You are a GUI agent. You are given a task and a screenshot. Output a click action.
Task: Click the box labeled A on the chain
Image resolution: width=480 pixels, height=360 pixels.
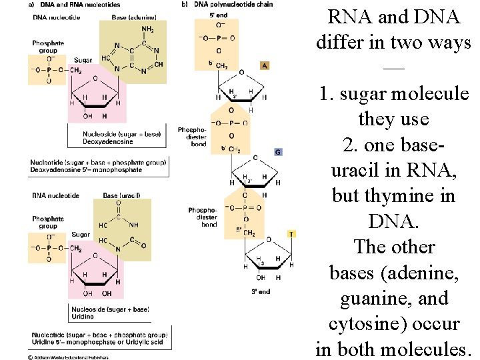[x=265, y=65]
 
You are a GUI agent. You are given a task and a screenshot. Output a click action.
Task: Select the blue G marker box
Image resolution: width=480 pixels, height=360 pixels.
[x=278, y=152]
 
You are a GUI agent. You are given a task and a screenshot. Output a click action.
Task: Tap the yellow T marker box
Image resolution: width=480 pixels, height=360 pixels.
[x=291, y=234]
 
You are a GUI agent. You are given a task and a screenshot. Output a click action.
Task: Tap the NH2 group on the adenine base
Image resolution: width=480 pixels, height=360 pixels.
[x=148, y=30]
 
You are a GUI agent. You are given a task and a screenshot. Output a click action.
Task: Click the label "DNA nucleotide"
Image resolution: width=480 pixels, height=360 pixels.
[x=57, y=17]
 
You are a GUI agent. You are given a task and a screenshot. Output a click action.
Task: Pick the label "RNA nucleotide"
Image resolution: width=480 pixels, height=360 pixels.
[x=56, y=195]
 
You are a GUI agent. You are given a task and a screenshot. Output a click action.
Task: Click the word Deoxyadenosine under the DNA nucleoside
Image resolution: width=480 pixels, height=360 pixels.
[x=108, y=141]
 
